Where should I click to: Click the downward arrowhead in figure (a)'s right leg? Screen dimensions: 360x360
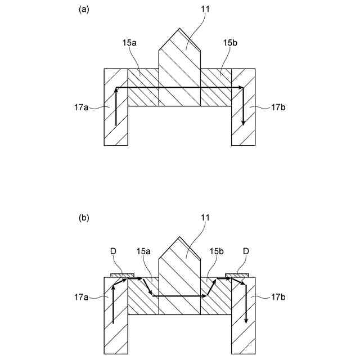click(x=243, y=122)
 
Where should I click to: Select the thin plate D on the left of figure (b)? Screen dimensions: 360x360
click(x=122, y=275)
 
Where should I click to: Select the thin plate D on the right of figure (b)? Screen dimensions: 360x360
click(x=237, y=275)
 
